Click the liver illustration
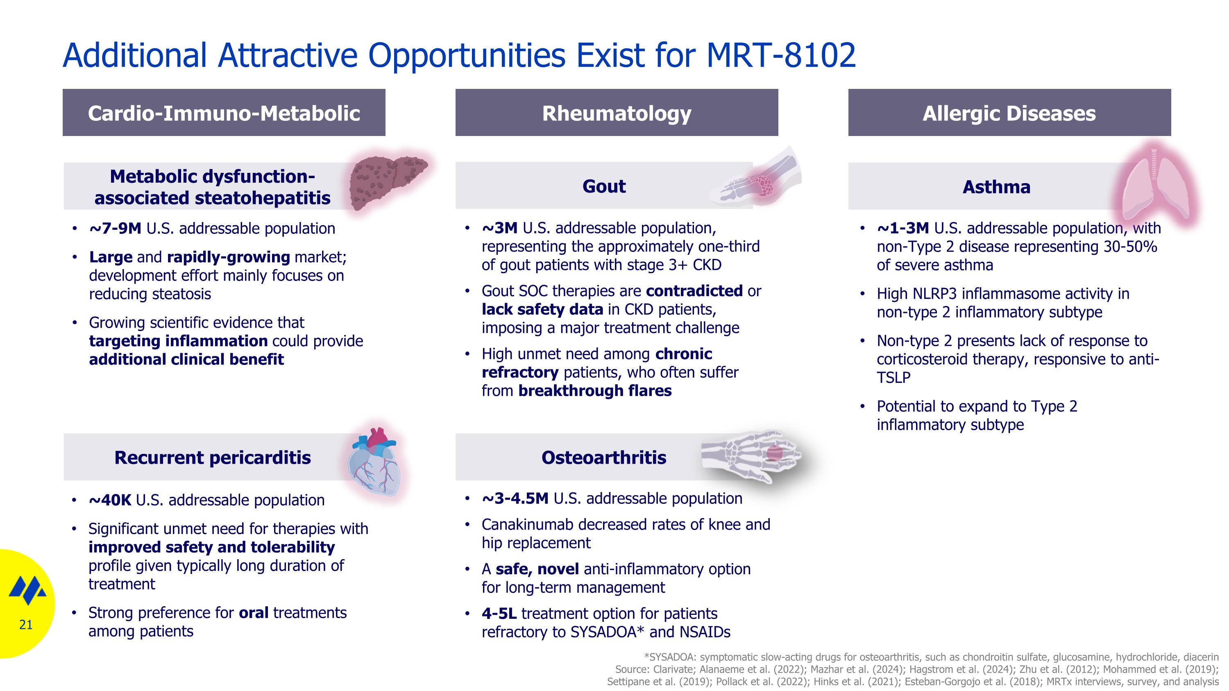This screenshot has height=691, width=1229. click(386, 184)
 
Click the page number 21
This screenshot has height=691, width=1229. click(26, 625)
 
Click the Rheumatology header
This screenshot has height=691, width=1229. click(617, 113)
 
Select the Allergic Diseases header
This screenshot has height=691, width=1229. click(1009, 113)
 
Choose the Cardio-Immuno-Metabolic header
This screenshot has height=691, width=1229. click(224, 113)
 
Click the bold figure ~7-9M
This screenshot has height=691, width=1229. click(115, 229)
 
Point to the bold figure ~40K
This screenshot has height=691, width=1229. click(110, 500)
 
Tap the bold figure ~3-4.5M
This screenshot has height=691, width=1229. click(515, 498)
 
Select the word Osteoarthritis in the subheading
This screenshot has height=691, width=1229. click(603, 458)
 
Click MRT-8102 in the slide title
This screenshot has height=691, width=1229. click(780, 55)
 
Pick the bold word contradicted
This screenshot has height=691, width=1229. click(694, 291)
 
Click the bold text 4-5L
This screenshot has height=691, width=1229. click(499, 613)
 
